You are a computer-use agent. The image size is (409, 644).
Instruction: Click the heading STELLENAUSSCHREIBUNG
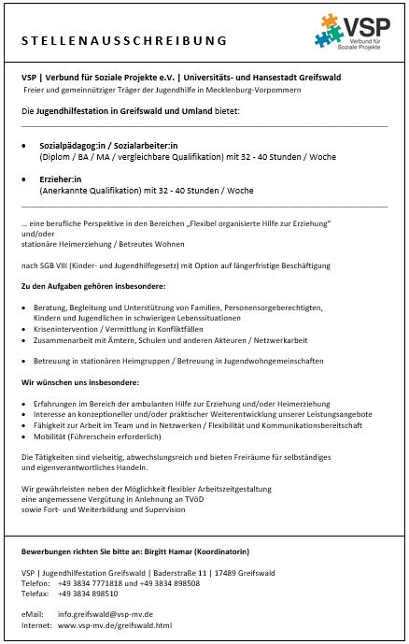[x=124, y=40]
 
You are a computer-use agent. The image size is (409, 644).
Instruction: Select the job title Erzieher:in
[x=61, y=178]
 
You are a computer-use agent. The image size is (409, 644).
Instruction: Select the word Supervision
[x=166, y=510]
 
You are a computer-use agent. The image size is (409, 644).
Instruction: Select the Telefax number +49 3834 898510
[x=88, y=593]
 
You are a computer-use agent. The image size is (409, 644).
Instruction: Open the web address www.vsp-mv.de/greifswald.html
[x=115, y=624]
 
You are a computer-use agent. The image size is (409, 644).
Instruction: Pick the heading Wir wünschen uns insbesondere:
[x=79, y=382]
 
